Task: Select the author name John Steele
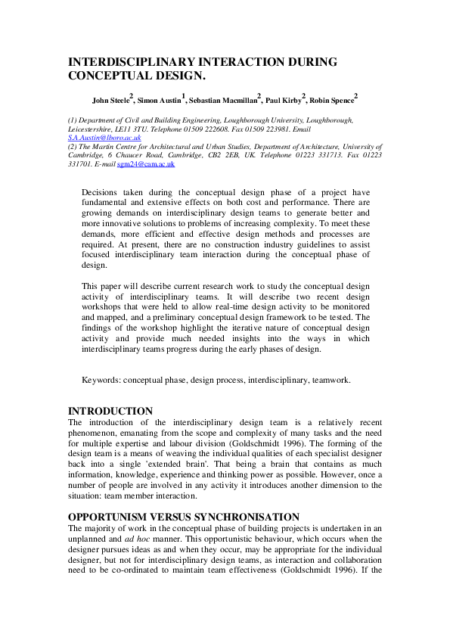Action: click(x=110, y=99)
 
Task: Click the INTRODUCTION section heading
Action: click(x=110, y=411)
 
